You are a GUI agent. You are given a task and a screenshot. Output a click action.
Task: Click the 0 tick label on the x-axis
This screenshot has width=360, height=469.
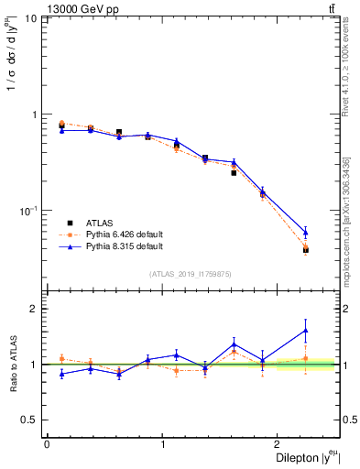point(47,444)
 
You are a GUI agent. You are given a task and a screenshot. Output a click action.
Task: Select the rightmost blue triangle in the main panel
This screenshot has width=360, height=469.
point(306,232)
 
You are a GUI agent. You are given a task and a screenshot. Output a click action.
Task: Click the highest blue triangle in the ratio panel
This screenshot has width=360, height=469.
point(306,330)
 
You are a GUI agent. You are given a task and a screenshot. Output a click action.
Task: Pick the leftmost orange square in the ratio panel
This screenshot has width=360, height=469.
point(61,358)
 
